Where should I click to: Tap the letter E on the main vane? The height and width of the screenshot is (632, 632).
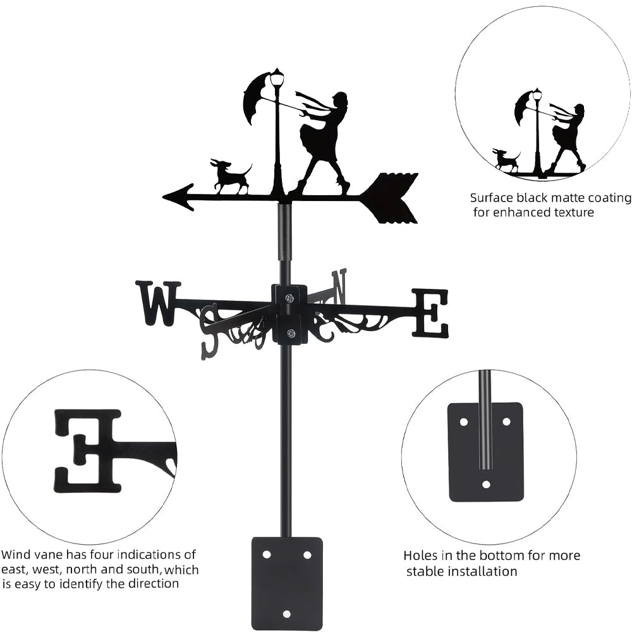click(x=430, y=313)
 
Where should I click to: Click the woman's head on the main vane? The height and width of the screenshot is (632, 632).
click(x=340, y=101)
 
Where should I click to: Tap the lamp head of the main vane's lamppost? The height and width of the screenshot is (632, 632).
click(x=277, y=78)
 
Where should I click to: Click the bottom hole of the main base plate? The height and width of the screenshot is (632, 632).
click(x=286, y=614)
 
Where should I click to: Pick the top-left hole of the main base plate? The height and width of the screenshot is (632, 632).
click(x=267, y=554)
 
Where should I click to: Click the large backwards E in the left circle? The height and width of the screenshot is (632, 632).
click(x=88, y=450)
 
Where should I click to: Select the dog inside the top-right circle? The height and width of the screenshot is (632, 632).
click(x=506, y=161)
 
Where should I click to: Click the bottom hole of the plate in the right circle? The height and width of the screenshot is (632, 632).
click(x=486, y=485)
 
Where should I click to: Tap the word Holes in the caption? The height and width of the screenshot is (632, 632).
click(x=422, y=556)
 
